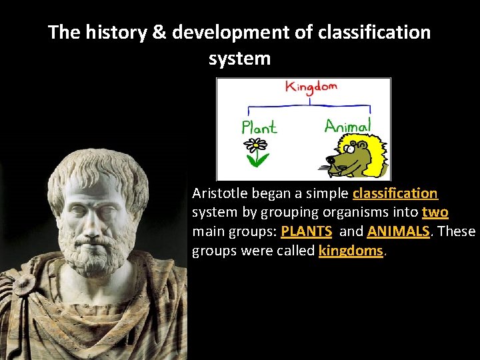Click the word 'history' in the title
point(115,32)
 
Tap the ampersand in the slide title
point(159,32)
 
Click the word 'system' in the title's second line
point(239,58)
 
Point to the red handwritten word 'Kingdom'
point(311,87)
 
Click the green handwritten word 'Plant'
point(259,127)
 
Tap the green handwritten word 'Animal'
point(347,125)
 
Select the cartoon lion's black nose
point(331,159)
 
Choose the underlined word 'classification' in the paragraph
point(395,193)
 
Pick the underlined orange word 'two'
point(435,213)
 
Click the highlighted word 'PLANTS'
point(306,232)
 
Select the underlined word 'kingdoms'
point(351,251)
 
